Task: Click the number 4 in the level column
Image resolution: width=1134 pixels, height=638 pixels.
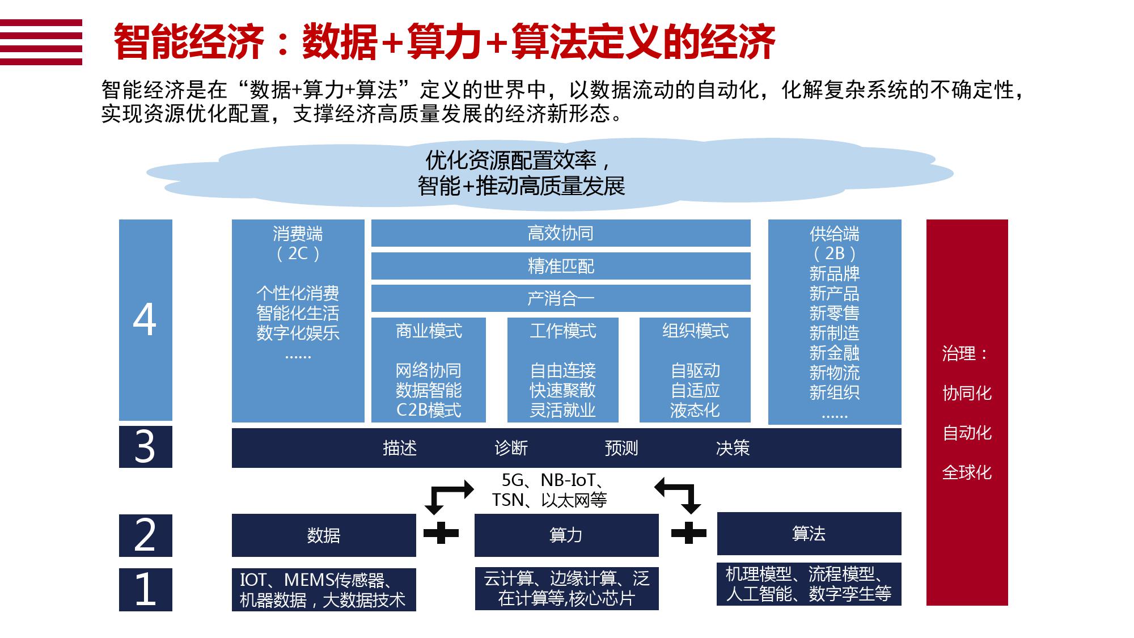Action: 145,320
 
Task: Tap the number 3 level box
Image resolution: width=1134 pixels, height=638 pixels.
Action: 146,447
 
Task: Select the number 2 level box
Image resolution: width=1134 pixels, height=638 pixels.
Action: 146,535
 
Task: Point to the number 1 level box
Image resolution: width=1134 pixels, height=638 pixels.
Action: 146,590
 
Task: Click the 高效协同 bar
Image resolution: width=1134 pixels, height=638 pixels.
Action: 561,233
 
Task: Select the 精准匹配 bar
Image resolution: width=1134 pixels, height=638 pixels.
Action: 561,266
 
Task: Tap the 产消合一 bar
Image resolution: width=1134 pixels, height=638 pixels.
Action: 561,298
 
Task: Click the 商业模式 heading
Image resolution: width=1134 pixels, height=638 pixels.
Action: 429,331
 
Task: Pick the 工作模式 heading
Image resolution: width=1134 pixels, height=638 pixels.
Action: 563,331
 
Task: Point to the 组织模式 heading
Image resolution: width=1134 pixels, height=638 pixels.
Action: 695,331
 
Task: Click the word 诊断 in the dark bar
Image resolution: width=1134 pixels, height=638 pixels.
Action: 511,448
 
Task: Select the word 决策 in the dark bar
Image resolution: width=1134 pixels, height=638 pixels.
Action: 733,448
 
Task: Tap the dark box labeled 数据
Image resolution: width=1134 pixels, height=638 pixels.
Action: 324,535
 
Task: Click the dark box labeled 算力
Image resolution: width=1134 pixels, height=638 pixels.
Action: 566,535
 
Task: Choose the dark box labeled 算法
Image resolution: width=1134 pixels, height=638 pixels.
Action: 809,534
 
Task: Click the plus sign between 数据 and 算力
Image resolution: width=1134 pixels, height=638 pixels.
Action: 441,533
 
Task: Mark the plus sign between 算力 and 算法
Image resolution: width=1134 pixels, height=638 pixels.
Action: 688,533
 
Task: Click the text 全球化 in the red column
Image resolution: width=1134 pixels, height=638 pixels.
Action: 967,472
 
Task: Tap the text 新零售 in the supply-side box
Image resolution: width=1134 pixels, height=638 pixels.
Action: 835,313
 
